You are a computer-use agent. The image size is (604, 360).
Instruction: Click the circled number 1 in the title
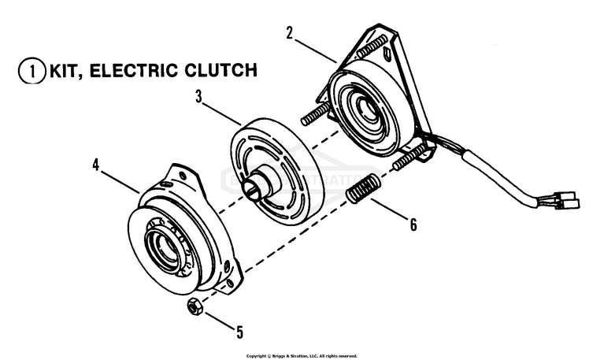pos(28,70)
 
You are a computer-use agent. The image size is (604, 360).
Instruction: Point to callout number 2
pos(290,33)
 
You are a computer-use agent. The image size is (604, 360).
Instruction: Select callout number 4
pos(95,165)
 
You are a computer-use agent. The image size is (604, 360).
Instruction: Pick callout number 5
pos(239,332)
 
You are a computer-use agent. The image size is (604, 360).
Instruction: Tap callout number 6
pos(412,225)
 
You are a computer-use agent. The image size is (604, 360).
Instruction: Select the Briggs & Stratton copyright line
pos(302,356)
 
